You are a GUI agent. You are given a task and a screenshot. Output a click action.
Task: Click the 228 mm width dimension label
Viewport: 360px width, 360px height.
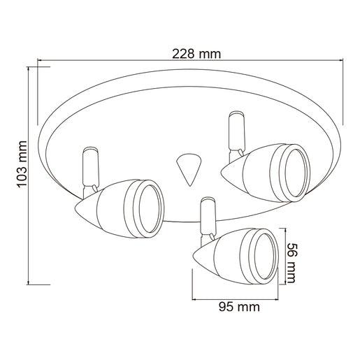coord(196,54)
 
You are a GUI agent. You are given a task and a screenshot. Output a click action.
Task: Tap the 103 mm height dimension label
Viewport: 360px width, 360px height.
coord(22,164)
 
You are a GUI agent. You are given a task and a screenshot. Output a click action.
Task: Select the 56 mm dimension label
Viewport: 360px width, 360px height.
coord(291,263)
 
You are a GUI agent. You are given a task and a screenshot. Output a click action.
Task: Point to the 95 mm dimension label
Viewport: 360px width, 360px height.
coord(239,307)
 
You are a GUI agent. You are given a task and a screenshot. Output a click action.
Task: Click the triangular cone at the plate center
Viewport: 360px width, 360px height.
coord(189,169)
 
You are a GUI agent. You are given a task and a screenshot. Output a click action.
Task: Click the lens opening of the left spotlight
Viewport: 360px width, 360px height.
coord(150,209)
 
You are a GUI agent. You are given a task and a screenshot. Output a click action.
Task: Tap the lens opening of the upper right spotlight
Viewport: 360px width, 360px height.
coord(296,173)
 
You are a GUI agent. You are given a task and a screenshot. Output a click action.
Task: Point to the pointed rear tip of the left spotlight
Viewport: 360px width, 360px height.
coord(75,208)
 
